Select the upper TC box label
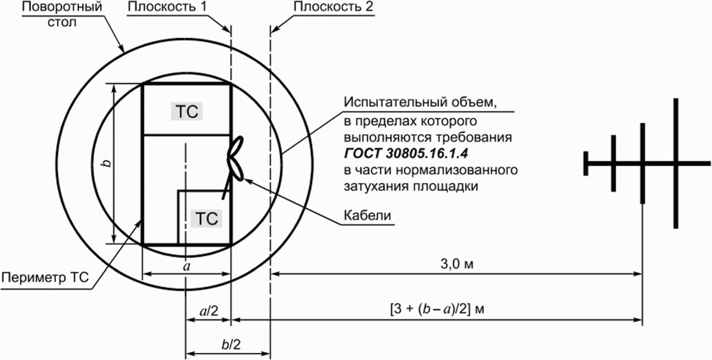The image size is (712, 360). [x=186, y=111]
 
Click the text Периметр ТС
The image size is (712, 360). [x=45, y=277]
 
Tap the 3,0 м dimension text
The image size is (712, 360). [x=456, y=263]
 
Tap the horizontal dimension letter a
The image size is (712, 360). [x=186, y=266]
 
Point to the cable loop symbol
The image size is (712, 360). [x=235, y=159]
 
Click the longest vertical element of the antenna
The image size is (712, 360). [x=676, y=163]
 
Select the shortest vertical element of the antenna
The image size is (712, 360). [x=587, y=163]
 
